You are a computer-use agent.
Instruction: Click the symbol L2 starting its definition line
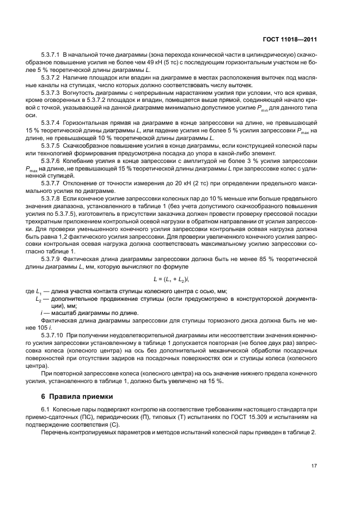[x=38, y=299]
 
